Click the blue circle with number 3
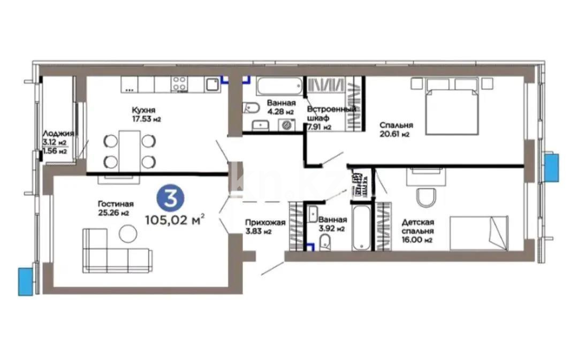click(x=170, y=198)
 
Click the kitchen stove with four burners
click(x=180, y=84)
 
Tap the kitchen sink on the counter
click(x=212, y=84)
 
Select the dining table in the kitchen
click(x=129, y=150)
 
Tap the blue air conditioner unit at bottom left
click(x=25, y=281)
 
